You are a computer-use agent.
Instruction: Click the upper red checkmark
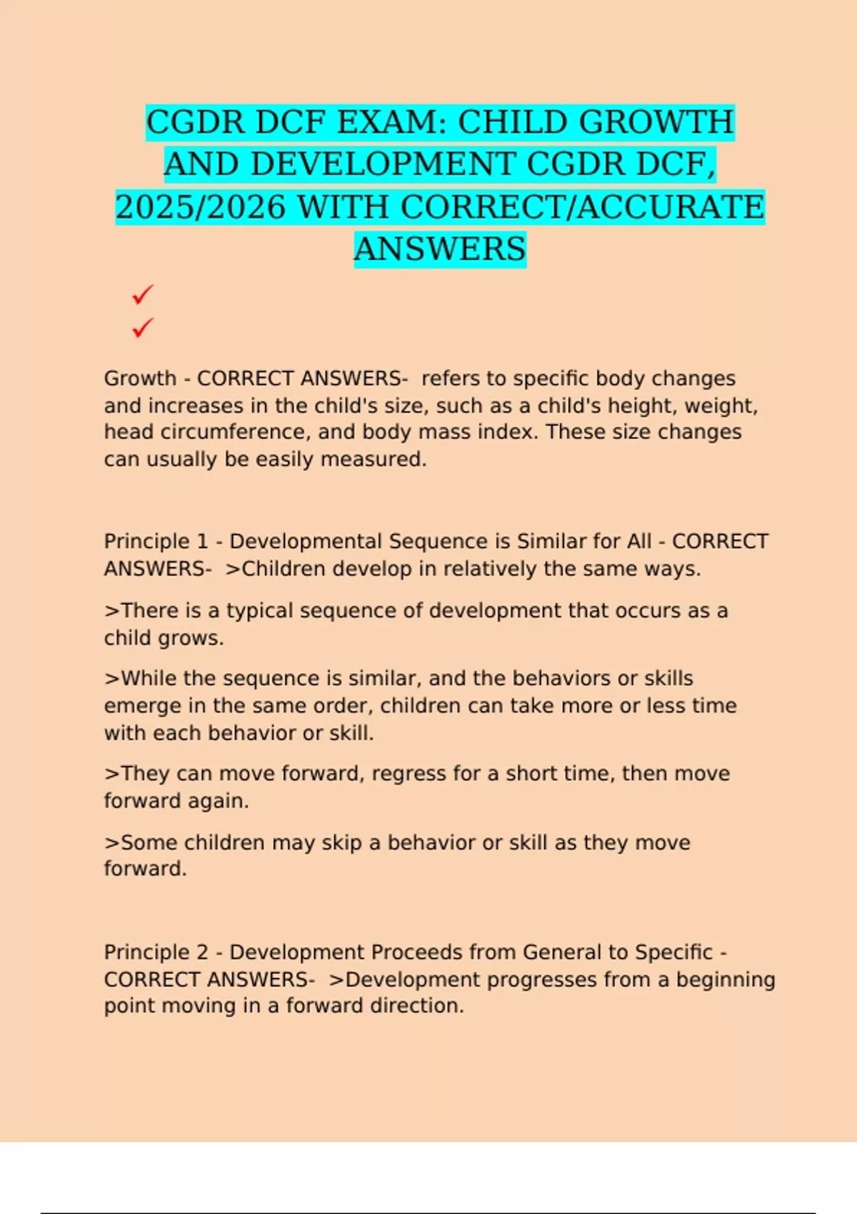(x=143, y=294)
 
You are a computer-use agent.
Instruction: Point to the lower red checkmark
(x=143, y=328)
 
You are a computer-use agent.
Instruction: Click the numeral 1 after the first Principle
(x=202, y=541)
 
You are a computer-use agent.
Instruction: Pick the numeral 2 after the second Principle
(x=202, y=952)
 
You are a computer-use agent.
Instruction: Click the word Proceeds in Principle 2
(x=417, y=952)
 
